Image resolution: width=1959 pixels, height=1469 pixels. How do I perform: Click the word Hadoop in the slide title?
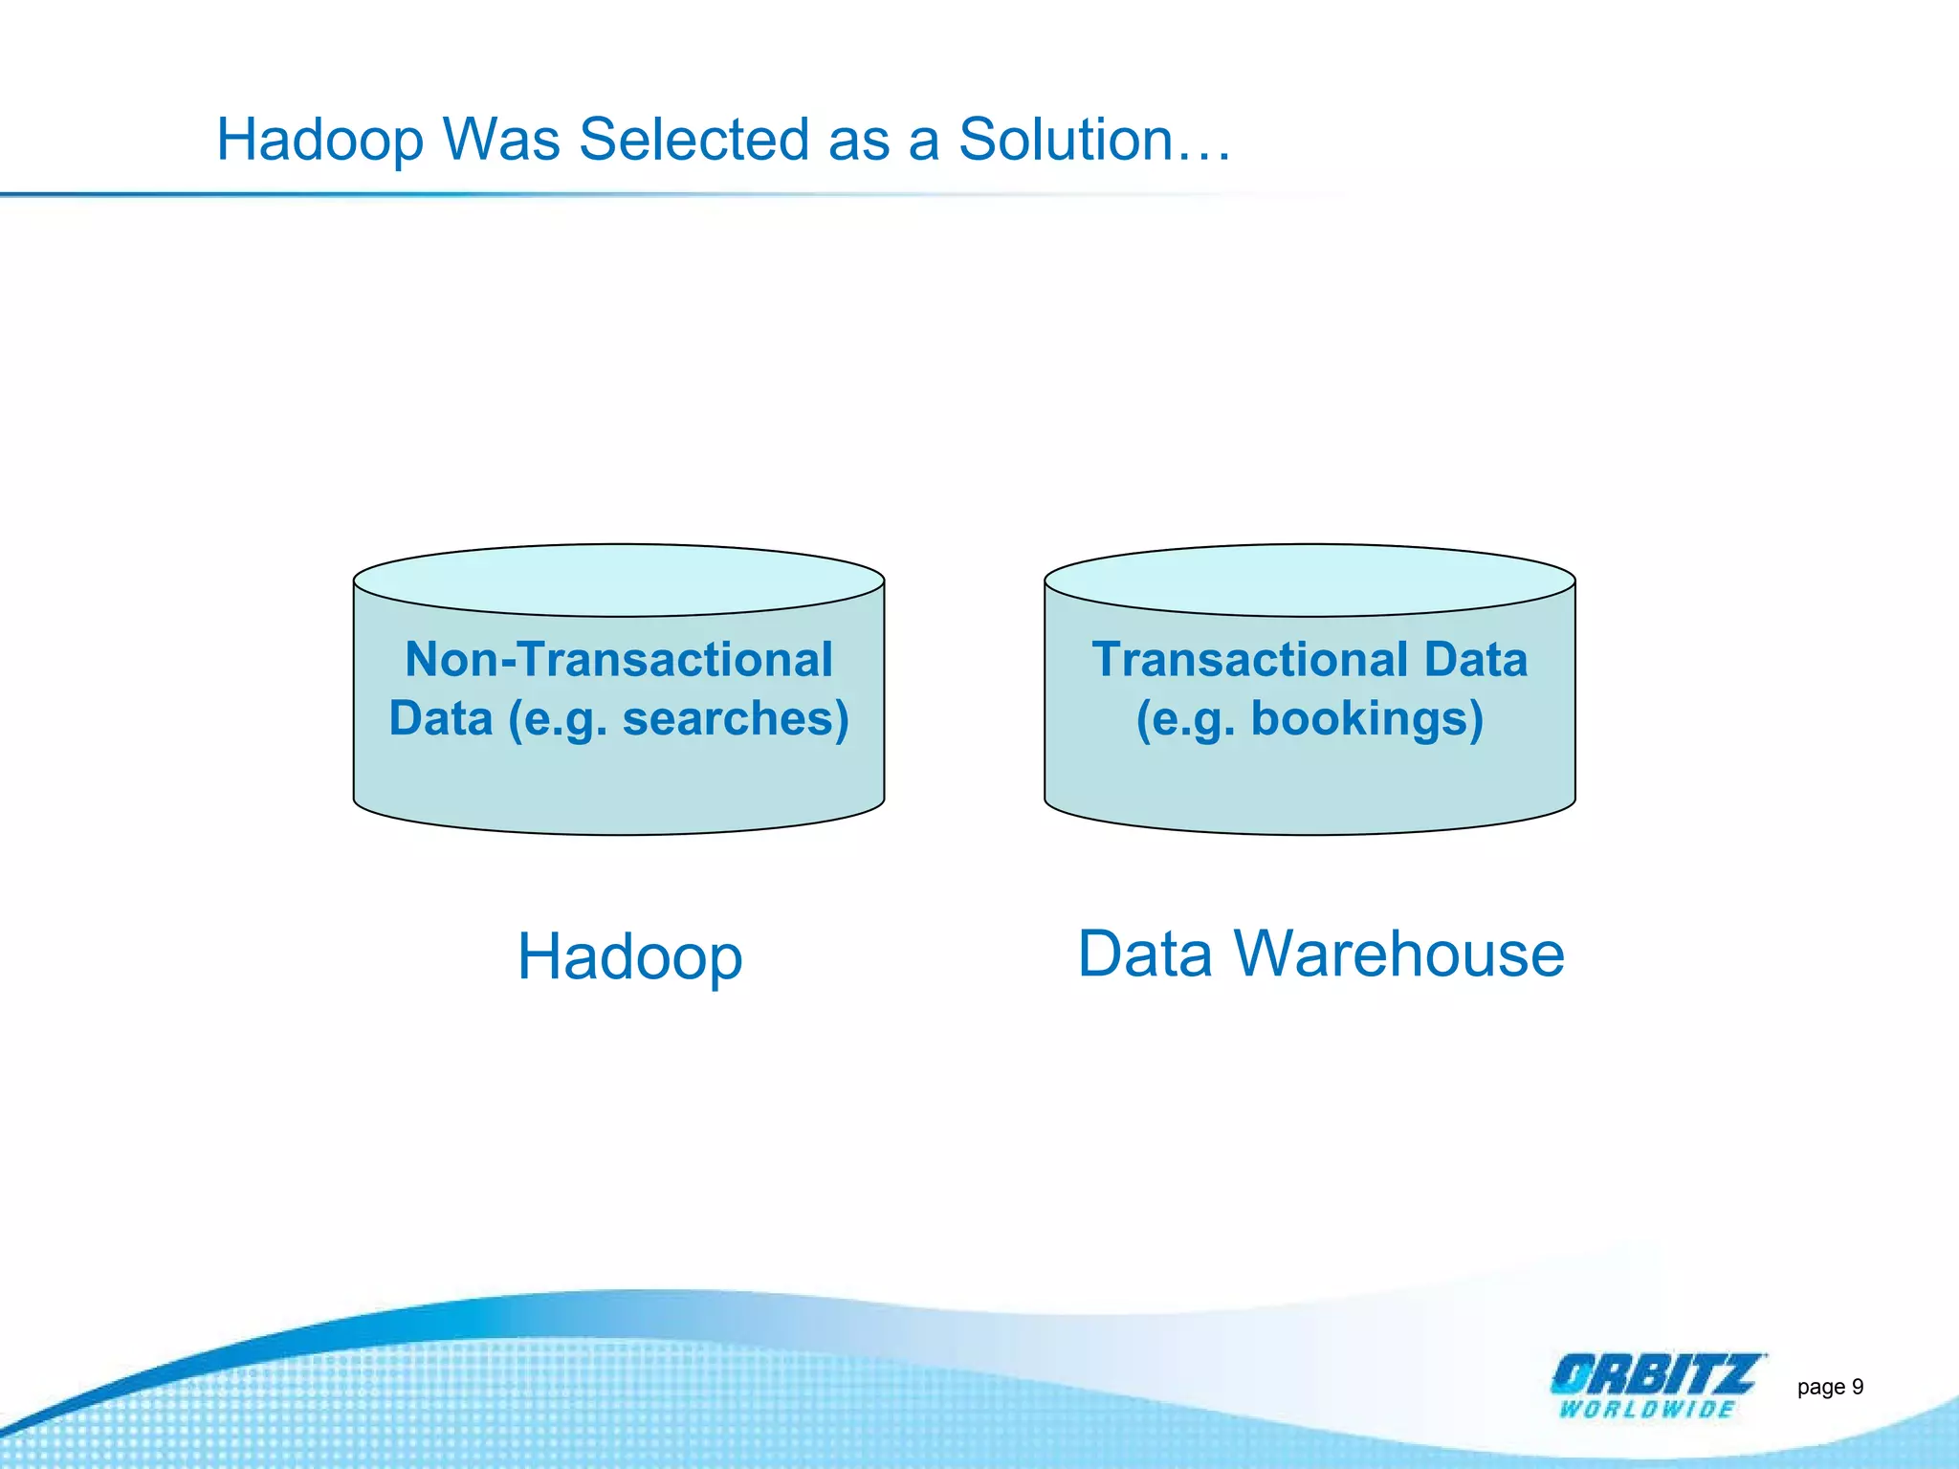pyautogui.click(x=320, y=140)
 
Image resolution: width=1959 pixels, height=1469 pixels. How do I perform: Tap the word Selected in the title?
pyautogui.click(x=693, y=140)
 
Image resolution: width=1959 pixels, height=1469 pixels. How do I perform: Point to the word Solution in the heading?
pyautogui.click(x=1066, y=140)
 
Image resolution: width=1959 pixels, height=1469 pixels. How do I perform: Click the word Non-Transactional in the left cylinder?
pyautogui.click(x=619, y=660)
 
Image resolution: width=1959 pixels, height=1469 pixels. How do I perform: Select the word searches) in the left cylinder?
pyautogui.click(x=736, y=719)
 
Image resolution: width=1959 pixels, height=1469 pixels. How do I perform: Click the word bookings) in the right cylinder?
pyautogui.click(x=1367, y=719)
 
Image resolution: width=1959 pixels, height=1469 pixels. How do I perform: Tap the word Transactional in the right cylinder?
pyautogui.click(x=1250, y=660)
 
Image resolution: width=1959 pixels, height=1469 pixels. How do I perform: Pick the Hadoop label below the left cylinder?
pyautogui.click(x=629, y=956)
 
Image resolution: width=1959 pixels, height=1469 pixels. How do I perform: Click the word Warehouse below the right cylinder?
pyautogui.click(x=1398, y=954)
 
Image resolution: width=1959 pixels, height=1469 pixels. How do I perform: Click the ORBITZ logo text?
pyautogui.click(x=1655, y=1375)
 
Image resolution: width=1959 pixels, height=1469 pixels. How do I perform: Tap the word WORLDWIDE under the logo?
pyautogui.click(x=1646, y=1409)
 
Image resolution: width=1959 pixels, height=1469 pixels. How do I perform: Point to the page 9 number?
pyautogui.click(x=1830, y=1387)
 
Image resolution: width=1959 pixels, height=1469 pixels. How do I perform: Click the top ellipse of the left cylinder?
pyautogui.click(x=619, y=580)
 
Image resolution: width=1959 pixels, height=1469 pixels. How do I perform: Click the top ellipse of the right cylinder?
pyautogui.click(x=1310, y=580)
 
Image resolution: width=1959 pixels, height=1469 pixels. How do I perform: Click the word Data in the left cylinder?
pyautogui.click(x=440, y=719)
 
